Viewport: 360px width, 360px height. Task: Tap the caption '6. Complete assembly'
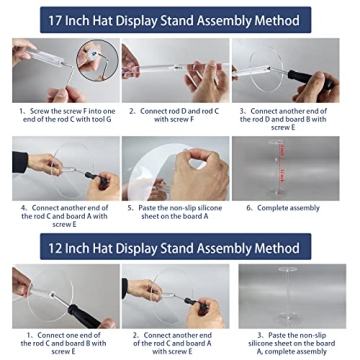tap(290, 208)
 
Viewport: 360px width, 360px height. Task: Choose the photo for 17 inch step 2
tap(175, 69)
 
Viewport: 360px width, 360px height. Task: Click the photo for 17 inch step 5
tap(175, 166)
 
